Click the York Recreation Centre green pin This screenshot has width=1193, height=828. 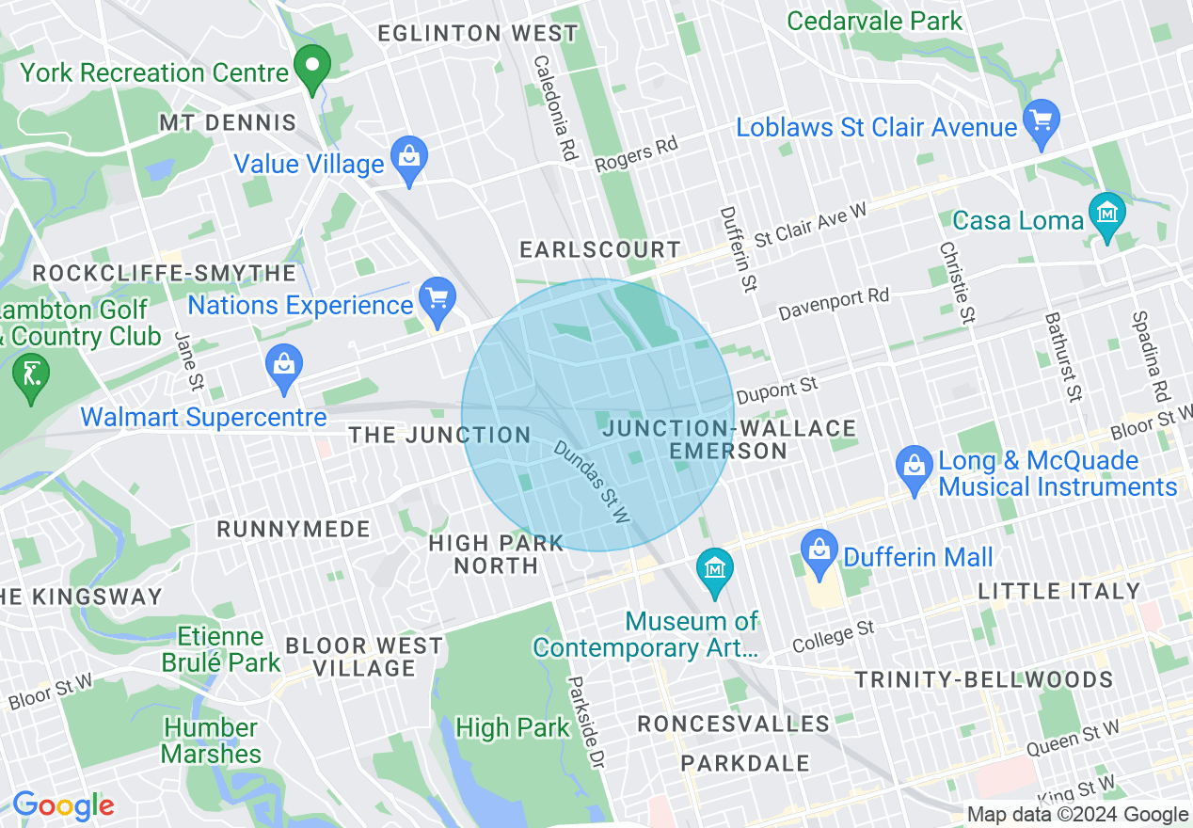click(x=311, y=67)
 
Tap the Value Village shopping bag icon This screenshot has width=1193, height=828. click(x=409, y=156)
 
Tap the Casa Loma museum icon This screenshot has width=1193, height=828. click(x=1106, y=215)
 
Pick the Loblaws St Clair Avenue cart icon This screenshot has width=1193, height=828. click(x=1041, y=120)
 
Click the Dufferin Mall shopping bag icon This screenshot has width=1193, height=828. click(x=819, y=551)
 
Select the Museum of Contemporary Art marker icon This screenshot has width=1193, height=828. click(x=715, y=569)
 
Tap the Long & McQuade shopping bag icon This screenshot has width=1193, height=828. click(x=914, y=467)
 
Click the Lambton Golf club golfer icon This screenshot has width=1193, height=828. click(x=31, y=374)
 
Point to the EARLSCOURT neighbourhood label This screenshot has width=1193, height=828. click(x=600, y=249)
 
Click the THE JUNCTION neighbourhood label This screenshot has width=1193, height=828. click(x=439, y=435)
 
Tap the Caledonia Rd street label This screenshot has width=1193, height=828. click(x=554, y=107)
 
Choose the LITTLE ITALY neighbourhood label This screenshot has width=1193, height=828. click(x=1059, y=591)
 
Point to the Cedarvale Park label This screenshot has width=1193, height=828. click(x=874, y=21)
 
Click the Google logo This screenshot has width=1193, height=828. click(x=63, y=805)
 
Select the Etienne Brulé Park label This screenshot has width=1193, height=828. click(x=221, y=649)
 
